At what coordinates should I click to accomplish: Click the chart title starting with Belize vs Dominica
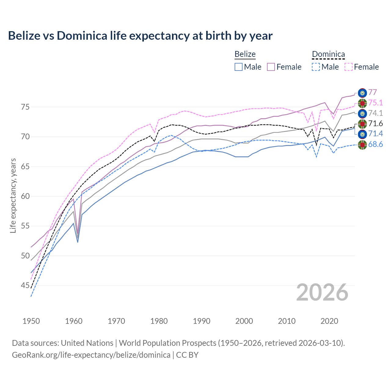tap(140, 36)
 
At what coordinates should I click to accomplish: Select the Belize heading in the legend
tap(245, 54)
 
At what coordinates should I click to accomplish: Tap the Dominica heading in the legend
tap(328, 54)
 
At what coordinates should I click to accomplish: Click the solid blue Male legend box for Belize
tap(239, 67)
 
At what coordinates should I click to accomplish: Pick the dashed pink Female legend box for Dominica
tap(349, 67)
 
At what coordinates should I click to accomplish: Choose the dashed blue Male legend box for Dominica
tap(316, 67)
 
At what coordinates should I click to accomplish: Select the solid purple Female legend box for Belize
tap(271, 67)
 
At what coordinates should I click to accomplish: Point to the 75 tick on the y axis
tap(25, 107)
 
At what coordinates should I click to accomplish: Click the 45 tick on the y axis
tap(25, 286)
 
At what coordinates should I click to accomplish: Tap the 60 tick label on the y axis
tap(25, 196)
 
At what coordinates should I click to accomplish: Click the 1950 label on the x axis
tap(31, 321)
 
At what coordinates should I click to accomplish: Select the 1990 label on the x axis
tap(202, 321)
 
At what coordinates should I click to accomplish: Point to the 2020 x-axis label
tap(329, 321)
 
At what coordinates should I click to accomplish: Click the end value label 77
tap(372, 92)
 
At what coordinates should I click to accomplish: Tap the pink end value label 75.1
tap(375, 103)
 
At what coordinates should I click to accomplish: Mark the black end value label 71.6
tap(375, 123)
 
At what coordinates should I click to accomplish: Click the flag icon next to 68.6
tap(362, 145)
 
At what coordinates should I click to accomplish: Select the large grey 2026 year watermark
tap(322, 292)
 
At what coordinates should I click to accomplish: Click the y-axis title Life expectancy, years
tap(13, 195)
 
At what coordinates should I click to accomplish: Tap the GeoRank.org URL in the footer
tap(91, 355)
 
